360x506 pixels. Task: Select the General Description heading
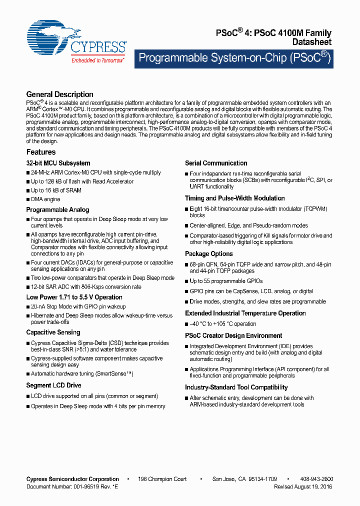(59, 94)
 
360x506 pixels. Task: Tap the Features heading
(41, 152)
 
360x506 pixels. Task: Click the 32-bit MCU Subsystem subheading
(58, 163)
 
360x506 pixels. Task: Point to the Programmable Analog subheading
(57, 210)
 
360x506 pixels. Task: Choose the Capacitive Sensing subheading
(53, 332)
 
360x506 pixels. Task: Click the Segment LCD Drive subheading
(53, 385)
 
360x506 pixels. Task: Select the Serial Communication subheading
(216, 163)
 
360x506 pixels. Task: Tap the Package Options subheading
(209, 254)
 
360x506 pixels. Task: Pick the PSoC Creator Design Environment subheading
(233, 336)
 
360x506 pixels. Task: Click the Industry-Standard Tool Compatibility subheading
(236, 387)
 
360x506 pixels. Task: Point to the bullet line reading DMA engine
(45, 199)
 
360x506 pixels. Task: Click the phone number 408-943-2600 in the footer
(316, 479)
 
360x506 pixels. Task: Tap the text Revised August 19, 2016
(303, 486)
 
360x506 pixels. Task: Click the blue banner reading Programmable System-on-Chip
(234, 58)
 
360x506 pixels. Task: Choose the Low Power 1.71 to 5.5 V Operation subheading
(74, 297)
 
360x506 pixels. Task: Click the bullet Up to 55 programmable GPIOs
(226, 281)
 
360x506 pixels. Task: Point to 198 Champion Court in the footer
(162, 479)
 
